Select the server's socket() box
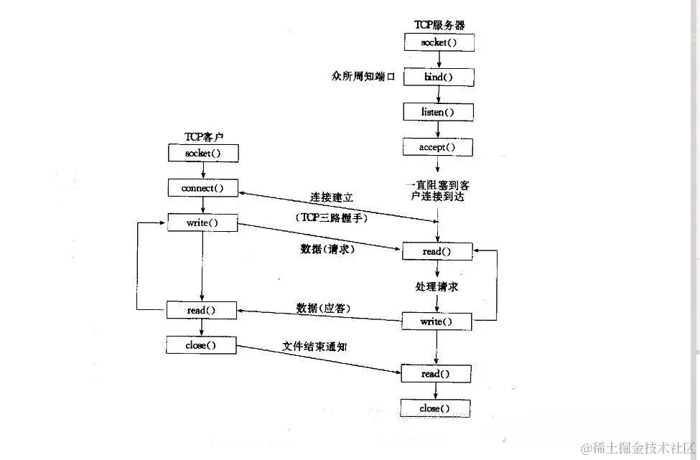pyautogui.click(x=437, y=42)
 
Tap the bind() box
pyautogui.click(x=437, y=77)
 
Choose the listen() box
pyautogui.click(x=437, y=112)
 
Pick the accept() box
pyautogui.click(x=437, y=147)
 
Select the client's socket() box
pyautogui.click(x=202, y=153)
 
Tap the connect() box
pyautogui.click(x=202, y=188)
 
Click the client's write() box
pyautogui.click(x=202, y=222)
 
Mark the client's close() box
pyautogui.click(x=202, y=345)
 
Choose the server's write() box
pyautogui.click(x=437, y=321)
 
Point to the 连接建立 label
pyautogui.click(x=331, y=197)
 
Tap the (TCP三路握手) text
pyautogui.click(x=331, y=217)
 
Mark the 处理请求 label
pyautogui.click(x=437, y=286)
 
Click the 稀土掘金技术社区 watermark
pyautogui.click(x=639, y=448)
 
